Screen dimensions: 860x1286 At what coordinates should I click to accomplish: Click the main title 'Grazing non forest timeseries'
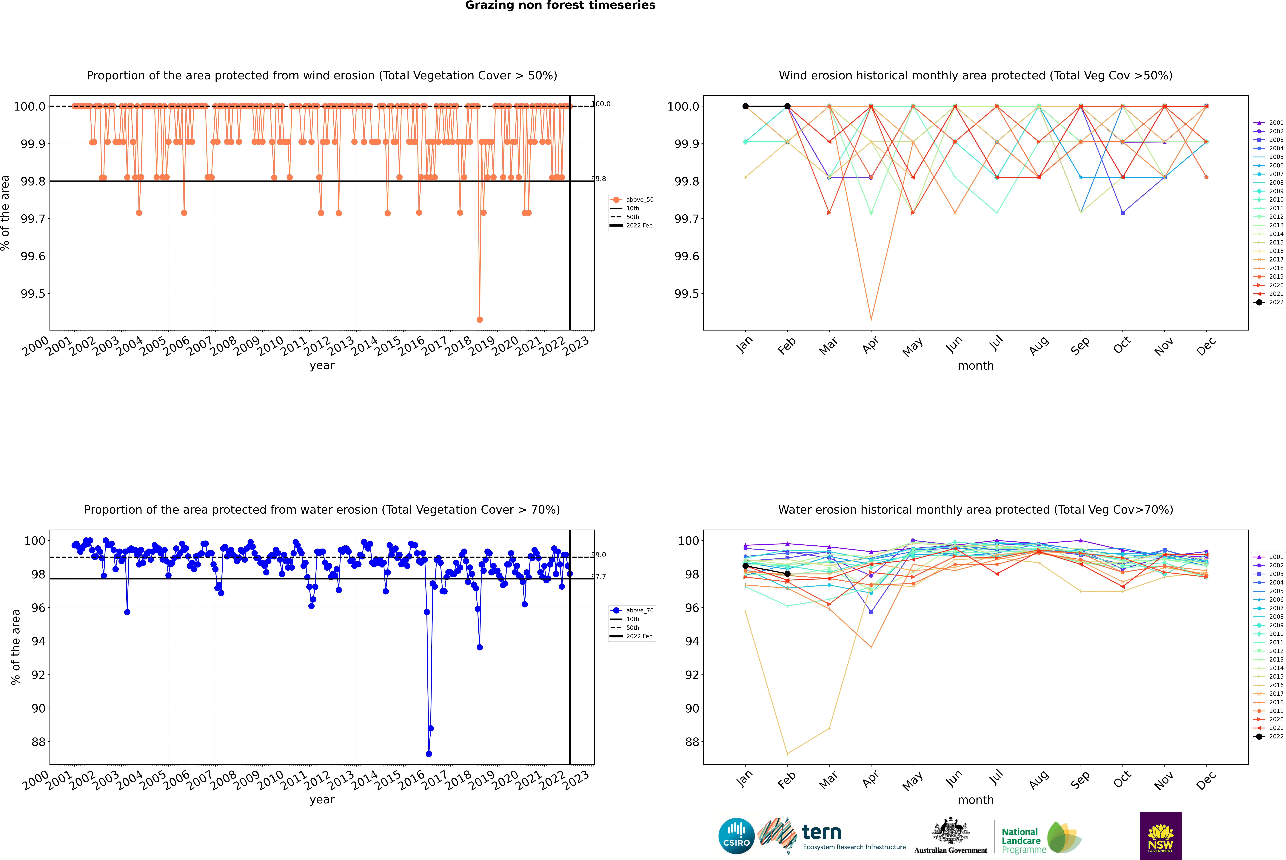[x=560, y=5]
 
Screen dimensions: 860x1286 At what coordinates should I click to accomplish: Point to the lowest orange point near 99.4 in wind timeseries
[x=480, y=319]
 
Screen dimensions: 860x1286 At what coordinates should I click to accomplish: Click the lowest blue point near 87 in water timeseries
[x=429, y=754]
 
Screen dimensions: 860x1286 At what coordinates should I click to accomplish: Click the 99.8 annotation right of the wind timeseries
[x=599, y=179]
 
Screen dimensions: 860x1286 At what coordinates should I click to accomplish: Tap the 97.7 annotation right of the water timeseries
[x=599, y=576]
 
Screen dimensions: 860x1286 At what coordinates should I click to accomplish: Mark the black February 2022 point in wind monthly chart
[x=787, y=106]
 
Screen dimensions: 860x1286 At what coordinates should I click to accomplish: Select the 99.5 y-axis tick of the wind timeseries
[x=33, y=293]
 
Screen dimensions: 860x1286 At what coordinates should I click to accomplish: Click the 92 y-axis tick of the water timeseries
[x=38, y=675]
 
